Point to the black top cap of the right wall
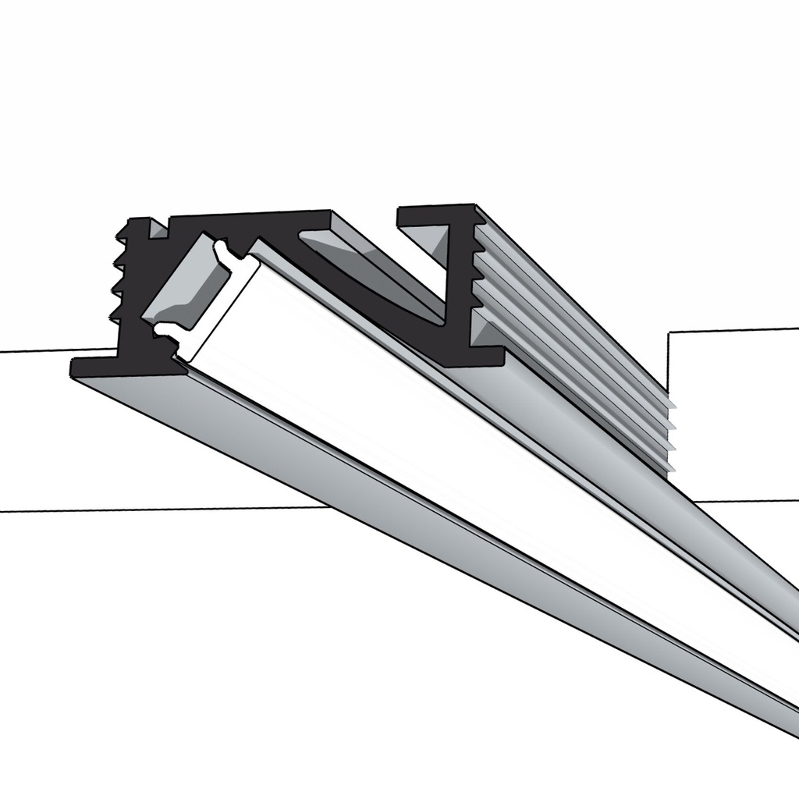tap(437, 215)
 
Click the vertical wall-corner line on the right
tap(668, 359)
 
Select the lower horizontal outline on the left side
tap(156, 510)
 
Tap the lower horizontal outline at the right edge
tap(749, 501)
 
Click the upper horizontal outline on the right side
tap(733, 331)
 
